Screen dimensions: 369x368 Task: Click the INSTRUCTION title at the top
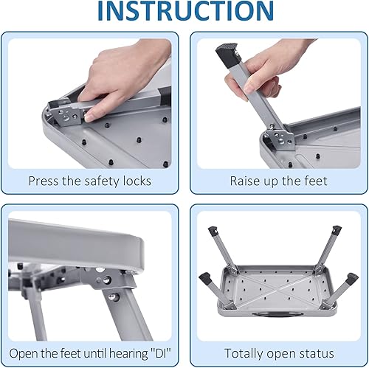(185, 11)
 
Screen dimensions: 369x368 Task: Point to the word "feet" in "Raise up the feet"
(316, 181)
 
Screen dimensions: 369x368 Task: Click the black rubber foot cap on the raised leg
(228, 55)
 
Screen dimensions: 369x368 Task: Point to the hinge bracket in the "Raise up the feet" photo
(279, 139)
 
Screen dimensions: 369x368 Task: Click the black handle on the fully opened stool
(272, 313)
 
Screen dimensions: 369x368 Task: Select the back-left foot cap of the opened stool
(213, 232)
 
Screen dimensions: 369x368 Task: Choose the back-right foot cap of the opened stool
(336, 230)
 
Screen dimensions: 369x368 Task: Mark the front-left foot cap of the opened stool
(204, 278)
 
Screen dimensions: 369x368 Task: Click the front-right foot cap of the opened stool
(352, 279)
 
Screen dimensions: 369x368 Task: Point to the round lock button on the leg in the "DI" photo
(112, 296)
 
